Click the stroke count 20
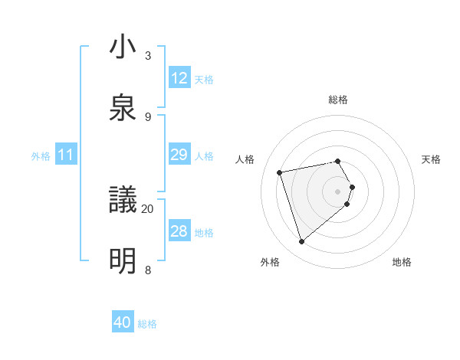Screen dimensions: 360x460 pyautogui.click(x=148, y=208)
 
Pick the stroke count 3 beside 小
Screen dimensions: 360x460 pyautogui.click(x=148, y=55)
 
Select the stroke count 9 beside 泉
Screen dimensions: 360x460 pyautogui.click(x=148, y=116)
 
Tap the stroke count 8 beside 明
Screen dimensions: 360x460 pyautogui.click(x=148, y=270)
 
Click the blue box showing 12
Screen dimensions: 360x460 pyautogui.click(x=179, y=78)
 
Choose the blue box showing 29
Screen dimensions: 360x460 pyautogui.click(x=179, y=155)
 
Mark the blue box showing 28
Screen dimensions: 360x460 pyautogui.click(x=179, y=231)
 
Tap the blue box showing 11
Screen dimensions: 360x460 pyautogui.click(x=66, y=155)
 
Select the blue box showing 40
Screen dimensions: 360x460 pyautogui.click(x=123, y=323)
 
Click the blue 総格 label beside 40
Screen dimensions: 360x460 pyautogui.click(x=147, y=324)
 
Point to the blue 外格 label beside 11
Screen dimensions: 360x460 pyautogui.click(x=41, y=155)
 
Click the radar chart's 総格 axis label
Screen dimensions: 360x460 pyautogui.click(x=338, y=100)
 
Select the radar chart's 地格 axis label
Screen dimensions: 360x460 pyautogui.click(x=402, y=262)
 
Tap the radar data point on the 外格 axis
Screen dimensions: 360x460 pyautogui.click(x=301, y=242)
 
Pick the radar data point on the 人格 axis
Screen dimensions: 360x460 pyautogui.click(x=280, y=172)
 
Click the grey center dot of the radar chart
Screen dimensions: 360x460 pyautogui.click(x=338, y=191)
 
